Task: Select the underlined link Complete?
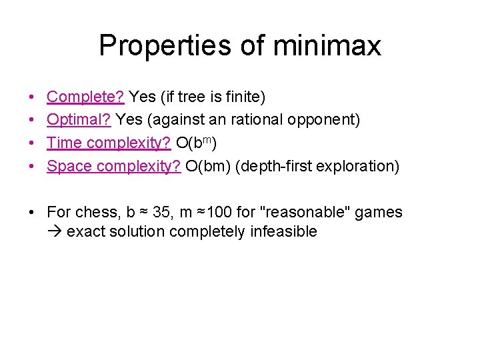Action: point(85,97)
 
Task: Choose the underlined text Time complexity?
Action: point(109,143)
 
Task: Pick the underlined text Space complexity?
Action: point(113,166)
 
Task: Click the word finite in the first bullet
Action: point(245,97)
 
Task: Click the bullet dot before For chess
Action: point(32,213)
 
